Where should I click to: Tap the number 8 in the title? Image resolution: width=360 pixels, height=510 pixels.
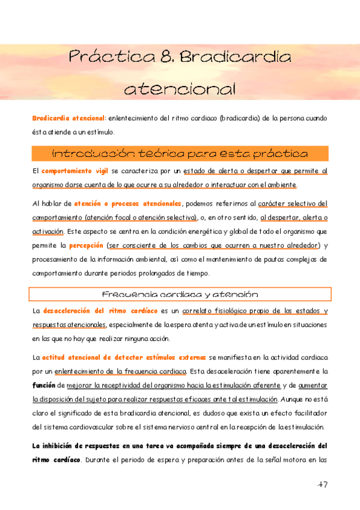tap(169, 58)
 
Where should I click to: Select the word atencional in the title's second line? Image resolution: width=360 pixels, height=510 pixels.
tap(180, 90)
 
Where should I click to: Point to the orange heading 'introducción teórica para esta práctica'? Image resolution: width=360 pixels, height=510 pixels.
tap(180, 153)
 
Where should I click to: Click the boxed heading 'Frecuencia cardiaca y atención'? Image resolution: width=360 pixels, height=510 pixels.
tap(180, 295)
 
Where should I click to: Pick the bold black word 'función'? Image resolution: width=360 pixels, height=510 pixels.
tap(44, 383)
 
